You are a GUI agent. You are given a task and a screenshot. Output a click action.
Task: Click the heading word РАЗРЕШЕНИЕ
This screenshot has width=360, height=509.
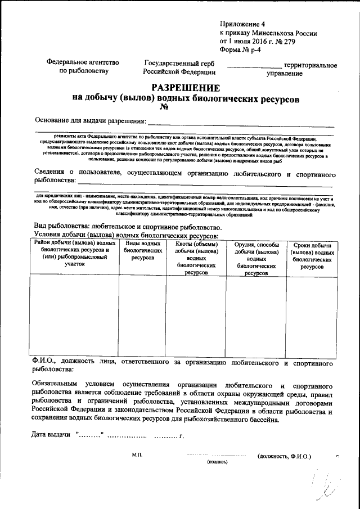click(x=186, y=88)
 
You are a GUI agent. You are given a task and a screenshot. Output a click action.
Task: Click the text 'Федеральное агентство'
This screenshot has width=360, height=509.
click(x=83, y=63)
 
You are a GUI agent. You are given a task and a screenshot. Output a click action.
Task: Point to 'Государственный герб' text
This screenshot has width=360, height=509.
click(x=179, y=63)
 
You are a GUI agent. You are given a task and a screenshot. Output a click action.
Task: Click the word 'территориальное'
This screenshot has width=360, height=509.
click(x=310, y=65)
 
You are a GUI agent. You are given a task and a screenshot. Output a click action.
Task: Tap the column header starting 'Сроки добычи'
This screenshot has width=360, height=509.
click(x=312, y=255)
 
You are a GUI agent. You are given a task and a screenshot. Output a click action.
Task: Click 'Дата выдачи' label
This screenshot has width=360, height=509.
click(x=51, y=435)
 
